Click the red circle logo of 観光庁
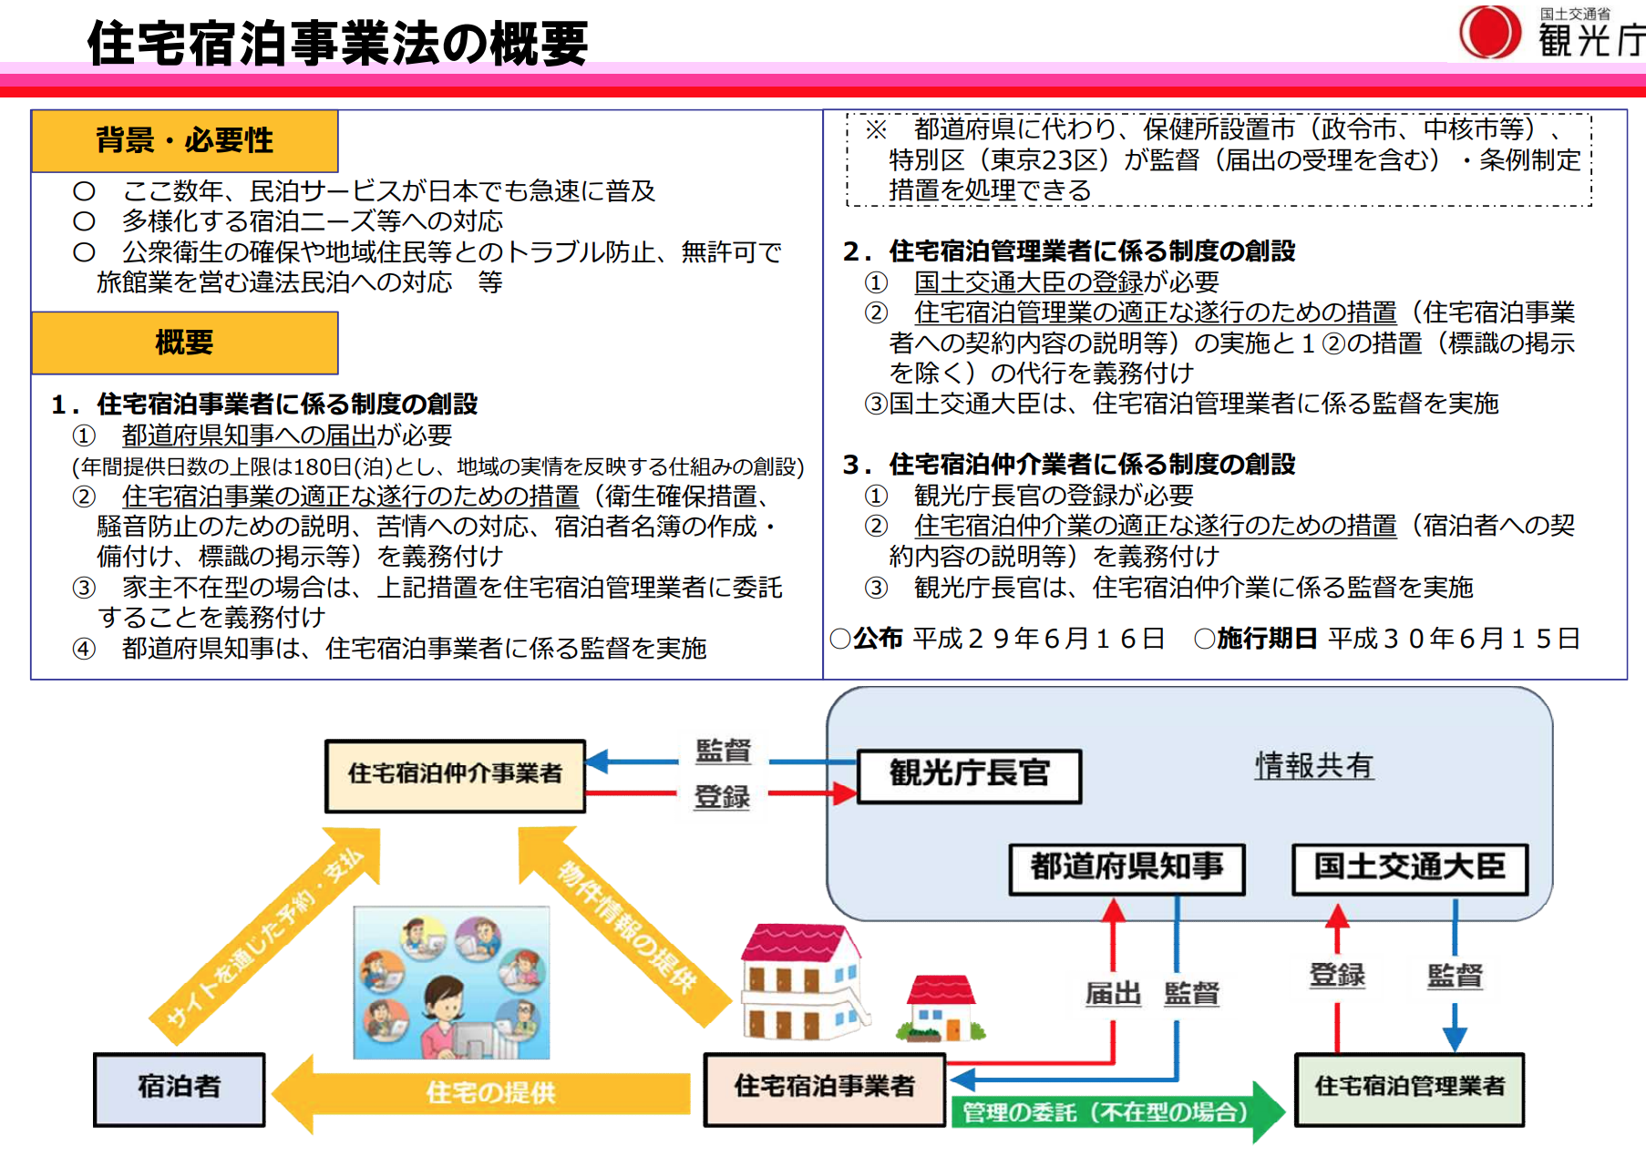click(x=1489, y=32)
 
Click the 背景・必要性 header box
click(x=184, y=141)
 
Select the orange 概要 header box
click(x=184, y=343)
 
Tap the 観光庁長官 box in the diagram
click(x=969, y=775)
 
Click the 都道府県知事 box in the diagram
click(x=1126, y=868)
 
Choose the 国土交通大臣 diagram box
click(x=1409, y=868)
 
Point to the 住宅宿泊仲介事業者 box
click(x=455, y=775)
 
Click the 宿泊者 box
click(x=179, y=1089)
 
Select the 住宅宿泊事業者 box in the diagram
click(x=824, y=1089)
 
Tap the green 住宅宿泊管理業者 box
click(x=1409, y=1089)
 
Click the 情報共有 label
click(x=1313, y=766)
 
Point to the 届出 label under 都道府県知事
click(x=1113, y=993)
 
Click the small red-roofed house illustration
click(x=941, y=1009)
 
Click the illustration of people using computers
click(x=451, y=982)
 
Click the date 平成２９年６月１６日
click(x=1038, y=639)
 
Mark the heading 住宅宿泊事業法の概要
click(x=337, y=44)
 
